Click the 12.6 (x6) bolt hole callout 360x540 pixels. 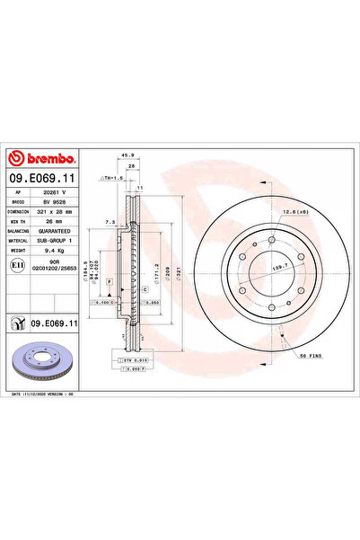(297, 212)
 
